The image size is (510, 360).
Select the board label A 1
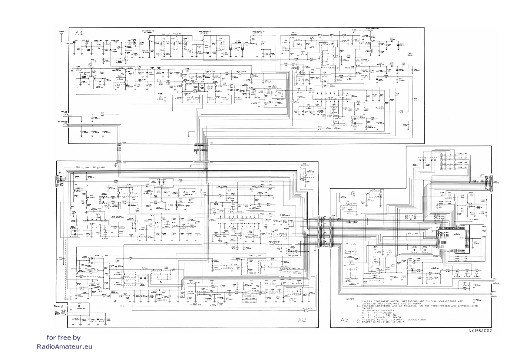pos(79,33)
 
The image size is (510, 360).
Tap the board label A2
pos(302,320)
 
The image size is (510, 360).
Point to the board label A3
pos(345,319)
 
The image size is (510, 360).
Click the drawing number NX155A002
pos(480,331)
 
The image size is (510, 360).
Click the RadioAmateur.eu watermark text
pos(65,347)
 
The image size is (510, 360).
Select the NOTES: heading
pos(350,299)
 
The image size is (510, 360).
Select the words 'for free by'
pos(64,337)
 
